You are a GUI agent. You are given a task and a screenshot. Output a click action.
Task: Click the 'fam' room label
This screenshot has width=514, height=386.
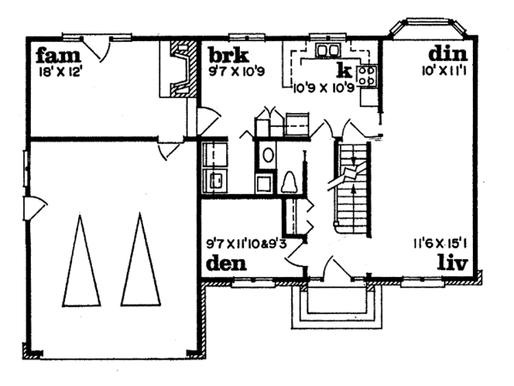[52, 57]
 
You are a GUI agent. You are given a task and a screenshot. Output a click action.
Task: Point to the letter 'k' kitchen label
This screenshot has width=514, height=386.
[344, 69]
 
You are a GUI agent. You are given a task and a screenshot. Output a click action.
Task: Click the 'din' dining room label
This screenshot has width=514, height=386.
[445, 57]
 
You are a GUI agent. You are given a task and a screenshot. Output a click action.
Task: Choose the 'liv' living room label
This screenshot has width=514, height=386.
[451, 262]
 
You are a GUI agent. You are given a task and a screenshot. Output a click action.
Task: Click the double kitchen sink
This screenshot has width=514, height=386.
[326, 51]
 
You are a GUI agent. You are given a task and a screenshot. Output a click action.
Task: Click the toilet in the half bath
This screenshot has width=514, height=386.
[289, 182]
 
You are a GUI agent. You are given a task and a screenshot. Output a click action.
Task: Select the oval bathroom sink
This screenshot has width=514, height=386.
[267, 155]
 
